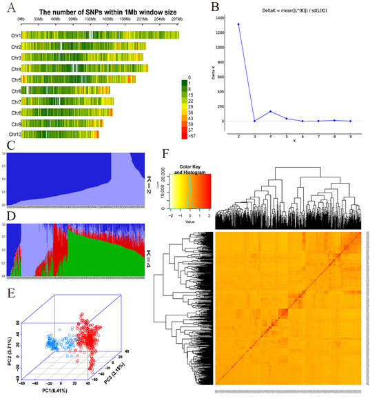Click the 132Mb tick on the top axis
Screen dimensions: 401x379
point(90,21)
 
